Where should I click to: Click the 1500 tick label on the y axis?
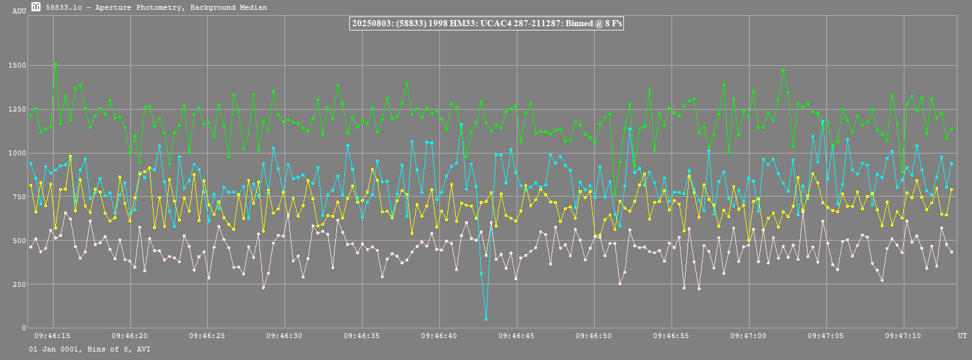click(17, 65)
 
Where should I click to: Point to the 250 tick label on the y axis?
click(19, 284)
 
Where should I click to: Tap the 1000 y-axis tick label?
click(17, 153)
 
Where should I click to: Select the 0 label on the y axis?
click(24, 328)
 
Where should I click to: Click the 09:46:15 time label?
click(52, 336)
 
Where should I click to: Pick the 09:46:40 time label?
click(439, 336)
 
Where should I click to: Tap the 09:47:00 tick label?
click(748, 336)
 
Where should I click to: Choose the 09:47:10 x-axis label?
click(903, 336)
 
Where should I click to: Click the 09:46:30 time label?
click(284, 336)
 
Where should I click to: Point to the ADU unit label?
click(19, 11)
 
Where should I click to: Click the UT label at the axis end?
click(962, 336)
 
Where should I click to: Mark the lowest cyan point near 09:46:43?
click(486, 319)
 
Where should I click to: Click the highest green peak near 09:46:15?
click(55, 63)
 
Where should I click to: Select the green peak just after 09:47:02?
click(783, 71)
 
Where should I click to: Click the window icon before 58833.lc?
click(36, 7)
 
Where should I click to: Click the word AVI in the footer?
click(143, 349)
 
